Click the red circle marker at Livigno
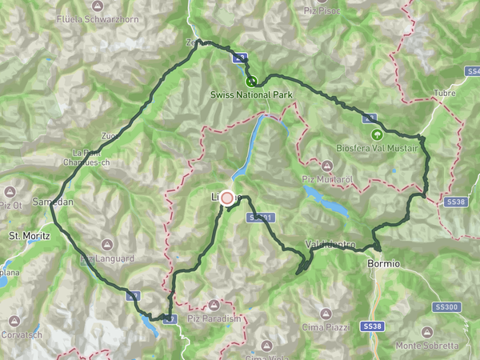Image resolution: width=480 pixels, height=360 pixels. pyautogui.click(x=226, y=198)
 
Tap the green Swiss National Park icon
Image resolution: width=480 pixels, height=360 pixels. pyautogui.click(x=251, y=82)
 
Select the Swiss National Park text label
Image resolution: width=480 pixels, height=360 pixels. pyautogui.click(x=252, y=95)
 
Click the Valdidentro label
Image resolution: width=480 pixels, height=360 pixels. pyautogui.click(x=329, y=243)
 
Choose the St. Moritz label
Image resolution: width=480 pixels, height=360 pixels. pyautogui.click(x=29, y=236)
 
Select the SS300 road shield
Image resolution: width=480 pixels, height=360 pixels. pyautogui.click(x=446, y=307)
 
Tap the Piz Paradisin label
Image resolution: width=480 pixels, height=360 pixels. pyautogui.click(x=214, y=318)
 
